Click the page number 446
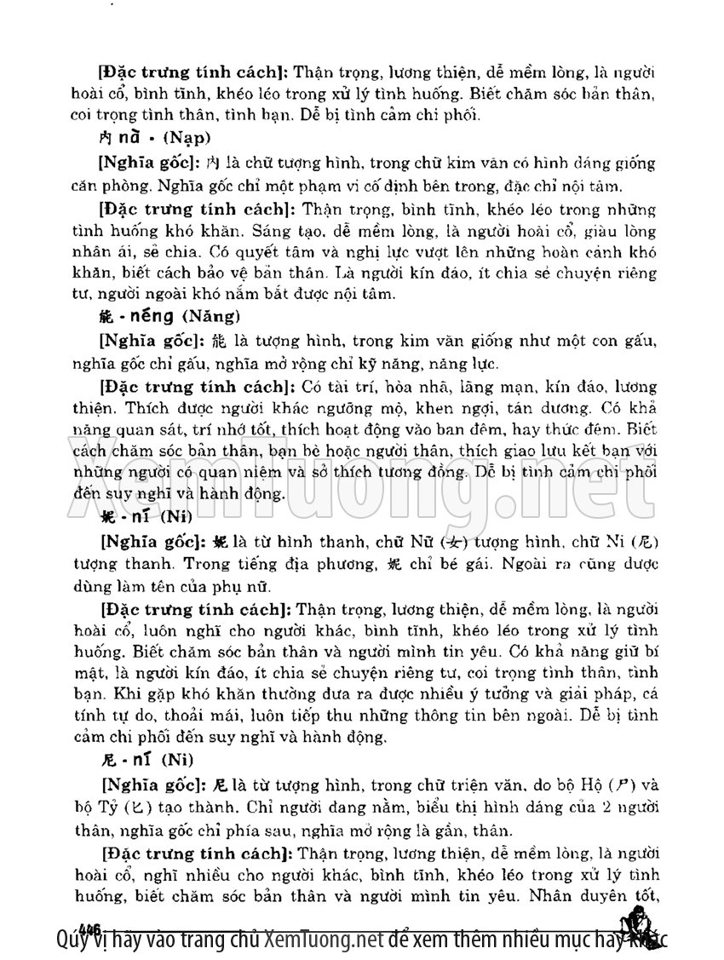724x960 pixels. tap(88, 927)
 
